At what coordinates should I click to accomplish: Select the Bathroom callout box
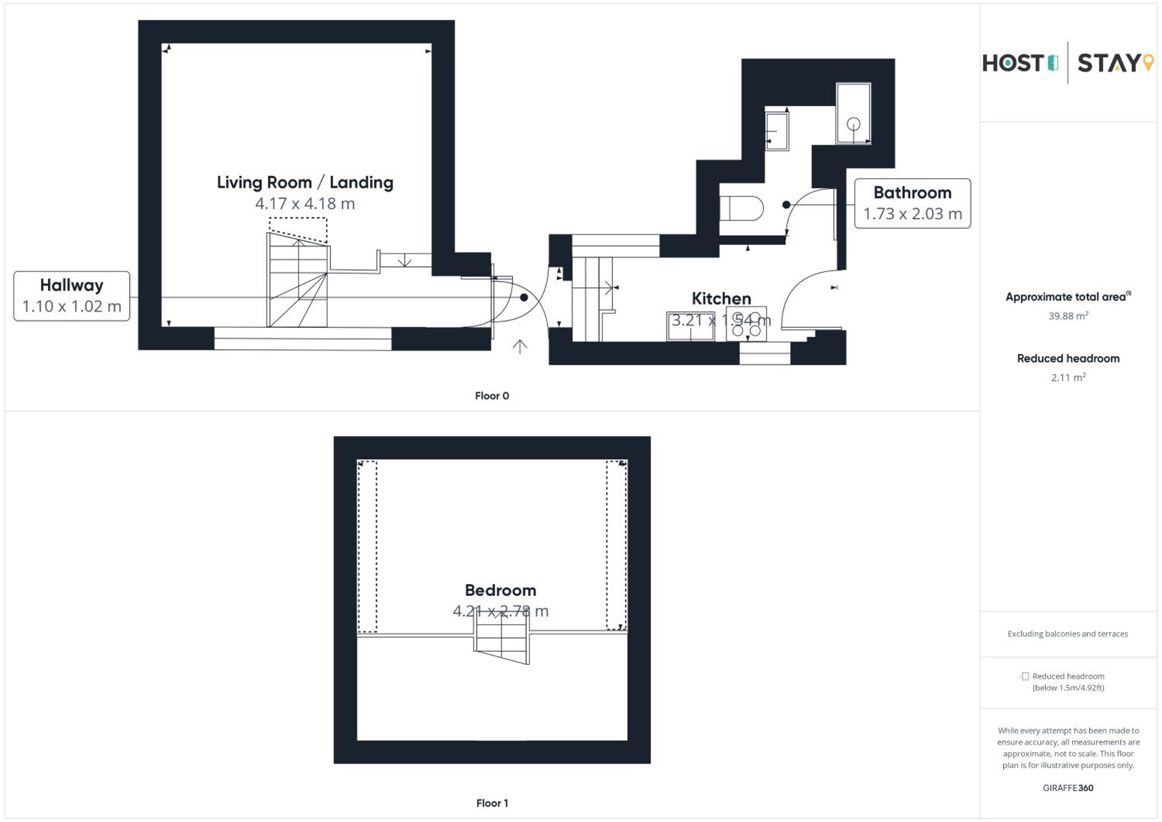click(x=913, y=203)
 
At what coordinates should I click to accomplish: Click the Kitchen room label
click(x=721, y=299)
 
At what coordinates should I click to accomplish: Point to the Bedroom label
click(x=500, y=590)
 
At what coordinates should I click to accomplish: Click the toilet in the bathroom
click(x=741, y=208)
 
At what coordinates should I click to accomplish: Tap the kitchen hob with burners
click(x=746, y=324)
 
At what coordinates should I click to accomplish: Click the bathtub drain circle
click(x=854, y=124)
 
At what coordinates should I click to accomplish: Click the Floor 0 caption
click(x=492, y=396)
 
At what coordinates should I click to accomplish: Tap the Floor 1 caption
click(x=492, y=803)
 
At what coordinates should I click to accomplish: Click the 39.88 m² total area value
click(x=1068, y=316)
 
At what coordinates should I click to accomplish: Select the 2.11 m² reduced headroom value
click(x=1068, y=378)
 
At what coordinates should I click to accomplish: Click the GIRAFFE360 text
click(x=1068, y=788)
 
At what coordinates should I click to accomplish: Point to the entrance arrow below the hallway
click(x=520, y=347)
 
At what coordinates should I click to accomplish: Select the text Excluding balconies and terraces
click(x=1068, y=634)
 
